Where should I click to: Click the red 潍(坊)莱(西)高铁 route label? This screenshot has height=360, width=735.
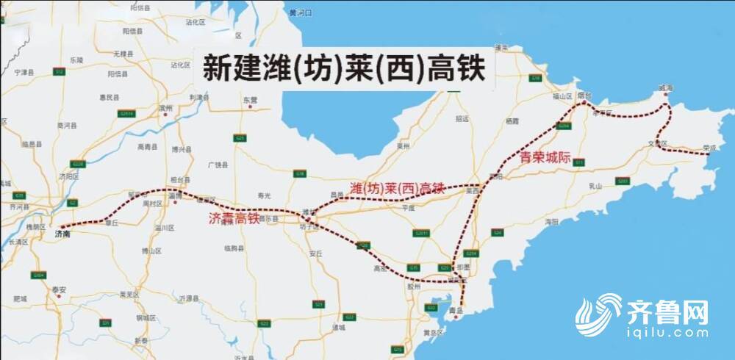397,190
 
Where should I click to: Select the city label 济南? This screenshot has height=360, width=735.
64,233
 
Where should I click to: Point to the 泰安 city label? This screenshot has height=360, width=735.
59,289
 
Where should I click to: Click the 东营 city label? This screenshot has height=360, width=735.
250,99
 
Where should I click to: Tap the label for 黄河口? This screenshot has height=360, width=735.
301,13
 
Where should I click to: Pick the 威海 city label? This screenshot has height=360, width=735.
665,87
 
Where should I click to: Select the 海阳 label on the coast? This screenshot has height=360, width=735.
552,221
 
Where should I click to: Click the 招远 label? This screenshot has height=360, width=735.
462,118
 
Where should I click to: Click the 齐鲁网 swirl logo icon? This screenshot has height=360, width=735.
598,317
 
